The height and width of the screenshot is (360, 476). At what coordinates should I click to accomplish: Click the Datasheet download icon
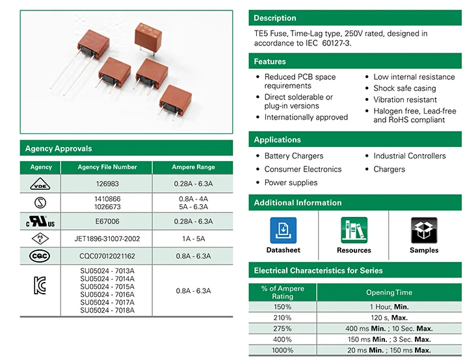pos(283,230)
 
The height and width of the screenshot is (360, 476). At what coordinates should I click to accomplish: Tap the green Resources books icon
pos(354,230)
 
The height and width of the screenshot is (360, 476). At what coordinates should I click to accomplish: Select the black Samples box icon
pos(424,230)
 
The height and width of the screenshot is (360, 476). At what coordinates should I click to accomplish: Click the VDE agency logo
pos(40,184)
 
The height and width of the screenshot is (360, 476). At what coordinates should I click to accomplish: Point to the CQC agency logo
pos(40,256)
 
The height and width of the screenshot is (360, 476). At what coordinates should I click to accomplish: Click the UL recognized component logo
pos(40,221)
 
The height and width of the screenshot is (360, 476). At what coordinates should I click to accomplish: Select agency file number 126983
pos(107,184)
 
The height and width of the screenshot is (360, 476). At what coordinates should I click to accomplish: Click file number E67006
pos(107,221)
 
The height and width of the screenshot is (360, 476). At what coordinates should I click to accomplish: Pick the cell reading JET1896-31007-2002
pos(107,238)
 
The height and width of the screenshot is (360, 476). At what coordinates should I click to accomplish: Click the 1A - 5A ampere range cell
pos(192,238)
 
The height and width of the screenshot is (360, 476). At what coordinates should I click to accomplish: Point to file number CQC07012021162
pos(107,256)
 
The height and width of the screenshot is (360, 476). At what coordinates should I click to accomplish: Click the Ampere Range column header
pos(192,167)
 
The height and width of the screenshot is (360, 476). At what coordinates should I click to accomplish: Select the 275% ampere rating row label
pos(282,329)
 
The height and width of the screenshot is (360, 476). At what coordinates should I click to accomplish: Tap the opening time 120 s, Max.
pos(389,318)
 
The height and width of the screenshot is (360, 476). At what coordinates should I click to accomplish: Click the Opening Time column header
pos(389,292)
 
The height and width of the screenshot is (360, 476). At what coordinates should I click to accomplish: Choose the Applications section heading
pos(278,140)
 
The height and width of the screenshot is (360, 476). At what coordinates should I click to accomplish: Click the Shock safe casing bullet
pos(404,88)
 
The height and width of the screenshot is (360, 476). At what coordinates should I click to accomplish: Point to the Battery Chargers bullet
pos(293,156)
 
